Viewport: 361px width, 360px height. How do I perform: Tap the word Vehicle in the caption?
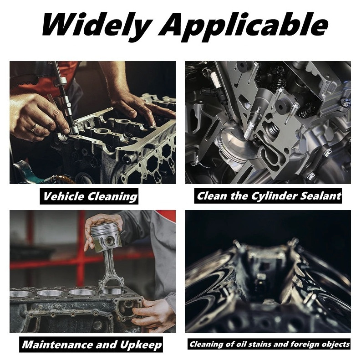(x=64, y=196)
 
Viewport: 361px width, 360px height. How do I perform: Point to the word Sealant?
(x=320, y=195)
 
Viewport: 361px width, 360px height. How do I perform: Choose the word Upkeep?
(x=141, y=345)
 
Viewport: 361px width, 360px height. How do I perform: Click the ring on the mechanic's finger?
(x=34, y=127)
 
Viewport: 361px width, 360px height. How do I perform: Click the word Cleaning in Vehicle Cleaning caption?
(x=112, y=197)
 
